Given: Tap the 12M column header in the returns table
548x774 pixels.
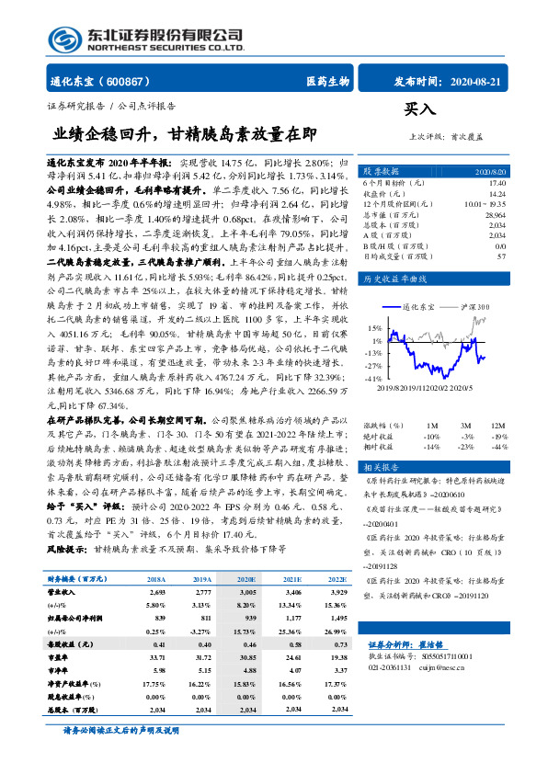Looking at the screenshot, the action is pos(497,426).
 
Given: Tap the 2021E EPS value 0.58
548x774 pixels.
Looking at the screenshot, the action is pos(291,646).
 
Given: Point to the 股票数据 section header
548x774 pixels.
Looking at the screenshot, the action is pos(379,172).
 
